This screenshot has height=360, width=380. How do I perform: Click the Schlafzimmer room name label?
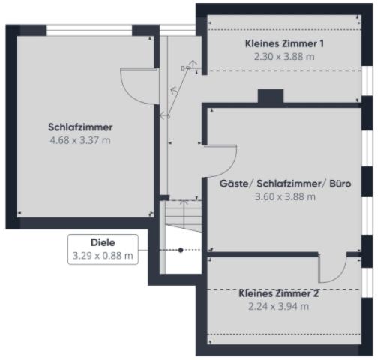[80, 127]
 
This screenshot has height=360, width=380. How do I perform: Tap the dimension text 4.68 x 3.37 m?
[80, 139]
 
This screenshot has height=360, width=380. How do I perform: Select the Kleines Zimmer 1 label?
[284, 43]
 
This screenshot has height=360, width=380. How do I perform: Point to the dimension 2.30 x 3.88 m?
[284, 56]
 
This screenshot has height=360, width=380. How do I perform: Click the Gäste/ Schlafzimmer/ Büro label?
[285, 183]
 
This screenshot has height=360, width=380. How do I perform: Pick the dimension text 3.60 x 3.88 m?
[285, 196]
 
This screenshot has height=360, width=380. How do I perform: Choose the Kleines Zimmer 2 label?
[279, 293]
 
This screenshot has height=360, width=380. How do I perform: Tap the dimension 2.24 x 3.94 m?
[279, 306]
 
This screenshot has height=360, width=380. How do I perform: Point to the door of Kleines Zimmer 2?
[331, 266]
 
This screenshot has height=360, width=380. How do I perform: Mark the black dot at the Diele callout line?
[180, 250]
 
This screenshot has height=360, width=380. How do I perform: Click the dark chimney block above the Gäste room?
[270, 96]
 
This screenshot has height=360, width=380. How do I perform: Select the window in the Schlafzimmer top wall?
[89, 30]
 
